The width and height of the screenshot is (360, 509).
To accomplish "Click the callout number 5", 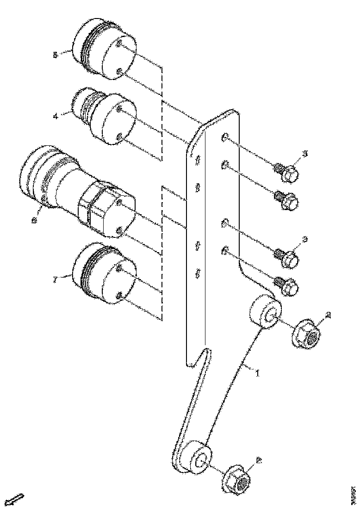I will click(x=56, y=55).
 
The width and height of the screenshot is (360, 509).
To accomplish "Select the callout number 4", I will click(x=56, y=117).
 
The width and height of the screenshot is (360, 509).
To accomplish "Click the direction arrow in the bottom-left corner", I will click(x=16, y=500).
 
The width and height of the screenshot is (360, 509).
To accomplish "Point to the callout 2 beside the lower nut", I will click(x=259, y=461).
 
